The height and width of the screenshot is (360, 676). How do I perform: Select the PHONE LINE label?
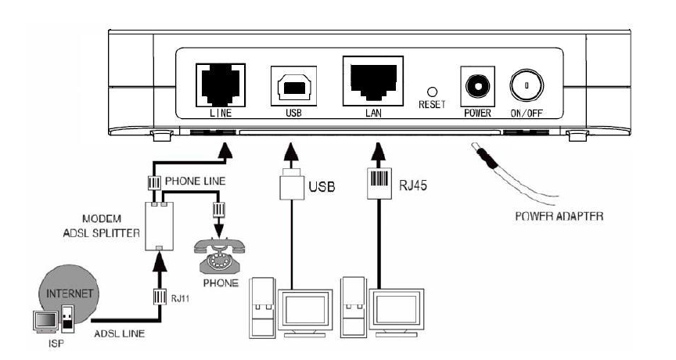[197, 180]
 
